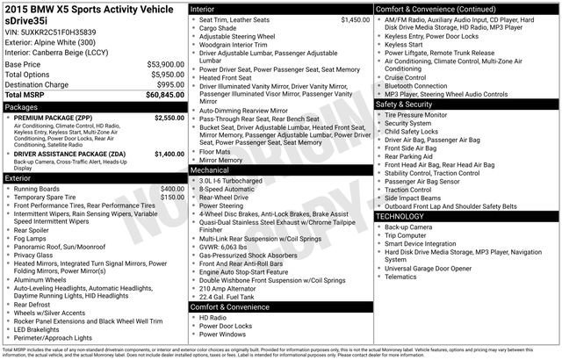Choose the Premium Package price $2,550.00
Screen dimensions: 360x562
(169, 117)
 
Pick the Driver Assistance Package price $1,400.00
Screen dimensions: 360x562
(169, 154)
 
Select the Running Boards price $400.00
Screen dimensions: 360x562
(170, 189)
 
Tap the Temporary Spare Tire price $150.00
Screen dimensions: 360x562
(170, 198)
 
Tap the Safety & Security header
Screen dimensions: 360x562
(405, 104)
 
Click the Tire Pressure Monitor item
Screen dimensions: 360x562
(416, 115)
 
